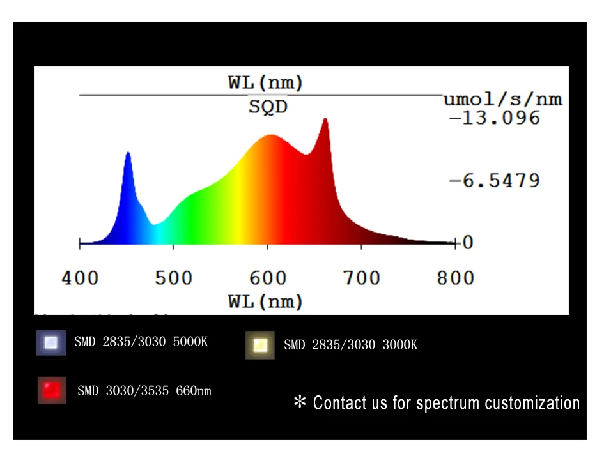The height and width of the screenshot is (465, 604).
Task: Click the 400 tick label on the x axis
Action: click(80, 278)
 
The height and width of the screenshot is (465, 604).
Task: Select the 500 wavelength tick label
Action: click(174, 278)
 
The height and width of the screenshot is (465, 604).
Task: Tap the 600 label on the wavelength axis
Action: click(268, 278)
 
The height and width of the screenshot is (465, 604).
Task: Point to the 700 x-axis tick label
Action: click(362, 278)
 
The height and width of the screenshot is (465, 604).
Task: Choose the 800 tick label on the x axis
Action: click(456, 278)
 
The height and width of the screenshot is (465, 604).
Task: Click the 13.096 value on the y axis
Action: click(495, 118)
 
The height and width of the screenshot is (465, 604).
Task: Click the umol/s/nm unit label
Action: click(503, 99)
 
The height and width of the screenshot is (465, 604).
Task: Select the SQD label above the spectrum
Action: click(268, 107)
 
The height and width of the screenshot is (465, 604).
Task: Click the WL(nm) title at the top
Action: click(265, 82)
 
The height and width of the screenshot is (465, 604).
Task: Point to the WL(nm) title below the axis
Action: click(265, 301)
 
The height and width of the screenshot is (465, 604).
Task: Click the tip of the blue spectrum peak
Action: click(128, 153)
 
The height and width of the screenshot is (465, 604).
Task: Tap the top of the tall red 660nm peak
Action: click(325, 119)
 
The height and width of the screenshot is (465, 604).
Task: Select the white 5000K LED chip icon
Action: click(51, 343)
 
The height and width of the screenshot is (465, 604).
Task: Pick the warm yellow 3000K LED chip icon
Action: click(259, 345)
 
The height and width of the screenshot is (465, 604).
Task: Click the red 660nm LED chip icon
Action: click(51, 390)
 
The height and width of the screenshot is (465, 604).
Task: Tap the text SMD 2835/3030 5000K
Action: click(141, 342)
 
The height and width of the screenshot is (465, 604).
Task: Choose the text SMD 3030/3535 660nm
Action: click(144, 390)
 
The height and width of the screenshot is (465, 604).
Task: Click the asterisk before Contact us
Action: click(300, 402)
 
